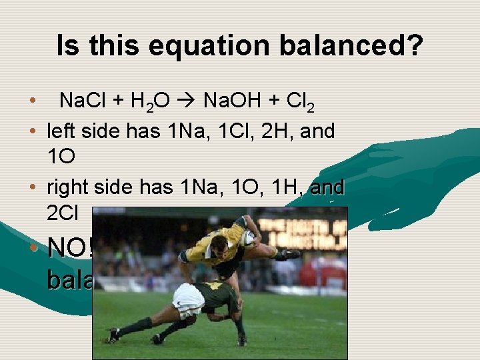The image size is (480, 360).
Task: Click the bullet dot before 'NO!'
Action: coord(34,248)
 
